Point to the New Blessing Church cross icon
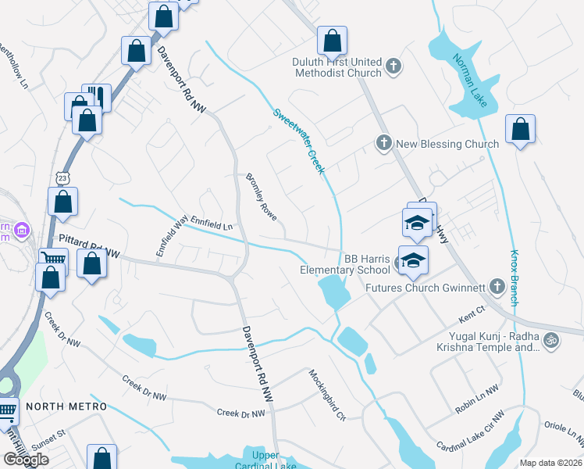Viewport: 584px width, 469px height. point(383,143)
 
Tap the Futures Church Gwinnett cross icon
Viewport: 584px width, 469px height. point(494,287)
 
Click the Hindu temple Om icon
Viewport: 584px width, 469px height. point(550,340)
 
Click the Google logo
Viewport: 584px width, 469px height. point(26,459)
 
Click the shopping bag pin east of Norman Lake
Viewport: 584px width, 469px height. point(520,130)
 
